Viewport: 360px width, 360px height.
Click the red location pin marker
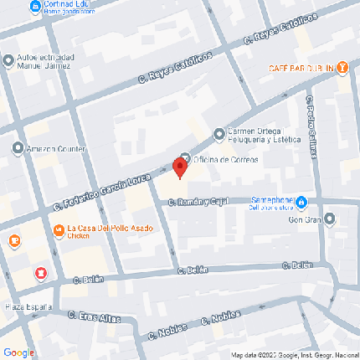coord(180,166)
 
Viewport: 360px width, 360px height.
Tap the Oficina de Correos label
coord(226,159)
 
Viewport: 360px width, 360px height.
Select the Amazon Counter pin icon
coord(18,149)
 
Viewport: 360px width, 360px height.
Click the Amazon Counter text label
coord(57,150)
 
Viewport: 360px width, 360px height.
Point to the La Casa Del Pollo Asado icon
coord(58,229)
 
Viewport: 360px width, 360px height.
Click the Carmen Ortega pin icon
coord(219,133)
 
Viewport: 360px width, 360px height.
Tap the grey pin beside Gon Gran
coord(329,219)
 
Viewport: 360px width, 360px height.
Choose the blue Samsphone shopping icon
coord(301,203)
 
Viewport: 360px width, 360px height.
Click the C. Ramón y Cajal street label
coord(198,202)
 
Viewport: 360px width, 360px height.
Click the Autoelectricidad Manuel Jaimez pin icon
coord(8,60)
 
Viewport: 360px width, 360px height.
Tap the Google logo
coord(18,352)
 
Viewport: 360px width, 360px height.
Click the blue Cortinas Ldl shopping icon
coord(34,8)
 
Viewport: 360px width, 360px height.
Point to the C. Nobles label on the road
coord(219,319)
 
